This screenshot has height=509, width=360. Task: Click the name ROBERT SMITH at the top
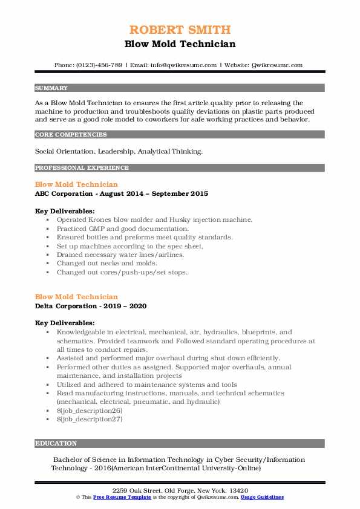point(180,30)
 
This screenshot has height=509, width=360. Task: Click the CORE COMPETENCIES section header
point(71,135)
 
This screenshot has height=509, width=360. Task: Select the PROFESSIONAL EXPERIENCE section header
point(82,168)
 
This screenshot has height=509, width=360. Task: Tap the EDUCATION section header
point(56,443)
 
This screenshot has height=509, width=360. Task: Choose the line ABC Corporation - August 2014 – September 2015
point(122,194)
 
